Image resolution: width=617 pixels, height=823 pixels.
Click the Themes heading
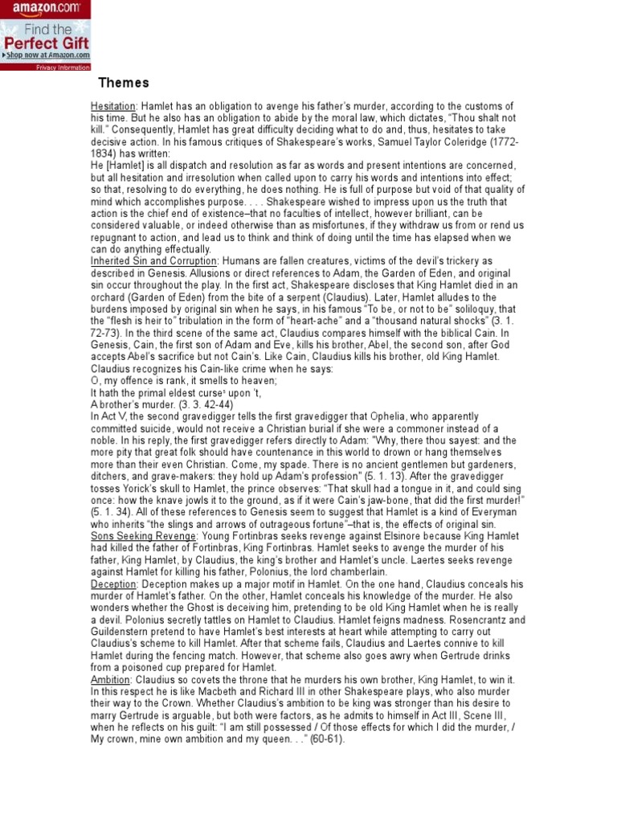123,84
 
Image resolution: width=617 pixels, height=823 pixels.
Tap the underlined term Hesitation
113,106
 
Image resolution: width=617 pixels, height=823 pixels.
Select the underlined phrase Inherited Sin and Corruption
154,261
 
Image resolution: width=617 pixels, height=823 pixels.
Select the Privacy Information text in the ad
63,68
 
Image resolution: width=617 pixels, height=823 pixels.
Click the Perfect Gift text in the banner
45,42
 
